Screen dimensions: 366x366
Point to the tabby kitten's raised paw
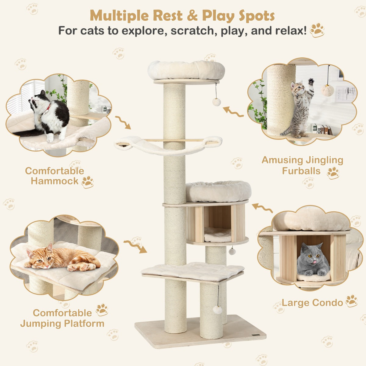(x=310, y=82)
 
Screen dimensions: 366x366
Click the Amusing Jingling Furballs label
(x=302, y=165)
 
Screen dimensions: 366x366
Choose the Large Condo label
(x=312, y=303)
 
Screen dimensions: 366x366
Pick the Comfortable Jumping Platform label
(x=62, y=318)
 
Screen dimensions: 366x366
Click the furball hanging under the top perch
(x=217, y=102)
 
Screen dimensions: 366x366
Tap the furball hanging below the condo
(x=232, y=251)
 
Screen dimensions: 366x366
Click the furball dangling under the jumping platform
(x=217, y=309)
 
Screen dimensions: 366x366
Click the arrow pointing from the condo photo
(x=262, y=208)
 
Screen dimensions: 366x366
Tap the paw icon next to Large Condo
(x=351, y=301)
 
